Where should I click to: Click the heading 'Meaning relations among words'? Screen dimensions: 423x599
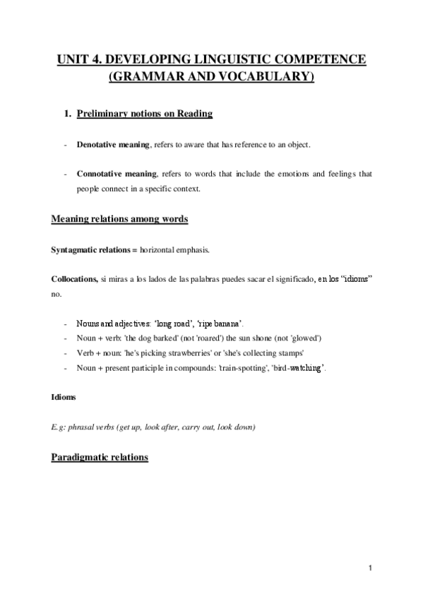[119, 220]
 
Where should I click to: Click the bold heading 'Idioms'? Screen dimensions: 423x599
[64, 398]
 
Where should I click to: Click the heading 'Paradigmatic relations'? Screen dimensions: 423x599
[100, 458]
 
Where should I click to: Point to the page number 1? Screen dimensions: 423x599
[370, 567]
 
